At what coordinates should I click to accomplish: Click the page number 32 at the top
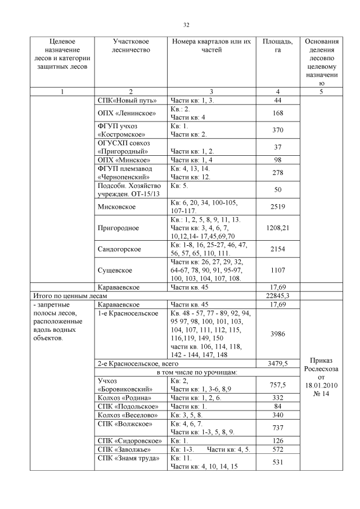(186, 25)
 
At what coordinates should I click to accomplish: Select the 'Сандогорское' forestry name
(119, 249)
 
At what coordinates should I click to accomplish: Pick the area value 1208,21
(277, 228)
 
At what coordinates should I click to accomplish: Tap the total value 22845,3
(277, 295)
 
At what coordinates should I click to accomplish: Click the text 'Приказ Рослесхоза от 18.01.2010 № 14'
(322, 376)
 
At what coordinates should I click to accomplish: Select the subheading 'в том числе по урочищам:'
(196, 372)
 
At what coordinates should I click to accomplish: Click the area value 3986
(277, 334)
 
